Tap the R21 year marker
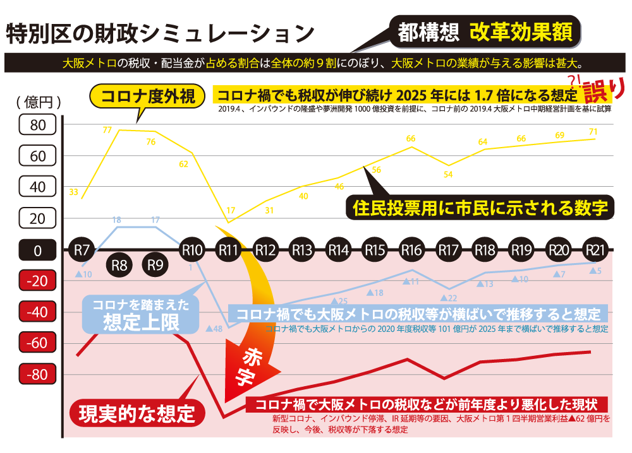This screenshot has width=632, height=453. click(x=594, y=249)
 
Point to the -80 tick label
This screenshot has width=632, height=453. click(x=38, y=375)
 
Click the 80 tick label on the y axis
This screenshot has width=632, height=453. click(x=38, y=125)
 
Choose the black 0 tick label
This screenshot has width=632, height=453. click(x=38, y=250)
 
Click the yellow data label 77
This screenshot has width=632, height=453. click(x=107, y=131)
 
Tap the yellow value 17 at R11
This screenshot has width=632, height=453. click(x=231, y=210)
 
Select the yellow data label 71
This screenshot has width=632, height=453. click(x=593, y=132)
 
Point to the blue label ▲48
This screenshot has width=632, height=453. click(x=214, y=329)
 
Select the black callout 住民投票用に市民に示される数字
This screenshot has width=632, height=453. click(x=480, y=207)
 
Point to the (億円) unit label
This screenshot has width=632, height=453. click(x=39, y=101)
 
